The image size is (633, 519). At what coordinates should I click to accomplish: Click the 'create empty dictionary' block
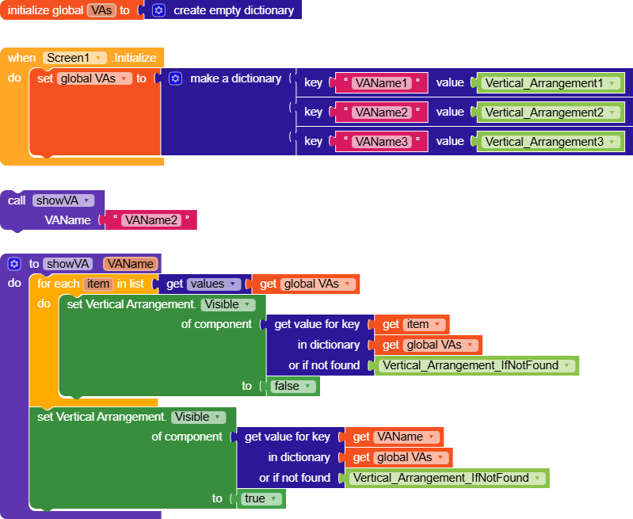coord(233,10)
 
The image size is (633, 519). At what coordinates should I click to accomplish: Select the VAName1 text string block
coord(381,83)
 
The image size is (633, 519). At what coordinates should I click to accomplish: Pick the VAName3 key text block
coord(381,142)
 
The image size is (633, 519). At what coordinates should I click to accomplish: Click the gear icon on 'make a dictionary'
coord(176,78)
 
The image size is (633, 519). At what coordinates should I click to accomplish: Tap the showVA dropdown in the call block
coord(63,200)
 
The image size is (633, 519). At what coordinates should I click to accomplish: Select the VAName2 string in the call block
coord(151,220)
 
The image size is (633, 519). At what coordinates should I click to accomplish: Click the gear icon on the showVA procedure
coord(13,264)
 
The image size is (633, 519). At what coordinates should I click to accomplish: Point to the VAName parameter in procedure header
coord(130,264)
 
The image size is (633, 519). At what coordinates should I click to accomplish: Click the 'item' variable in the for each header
coord(98,284)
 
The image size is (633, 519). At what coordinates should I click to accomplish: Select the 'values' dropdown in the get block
coord(214,284)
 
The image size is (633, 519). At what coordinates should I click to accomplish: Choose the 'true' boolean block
coord(260,498)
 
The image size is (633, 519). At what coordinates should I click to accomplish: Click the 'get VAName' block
coord(394,437)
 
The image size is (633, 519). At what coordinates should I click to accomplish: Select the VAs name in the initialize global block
coord(101,10)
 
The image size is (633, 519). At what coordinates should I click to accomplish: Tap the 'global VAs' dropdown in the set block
coord(94,78)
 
